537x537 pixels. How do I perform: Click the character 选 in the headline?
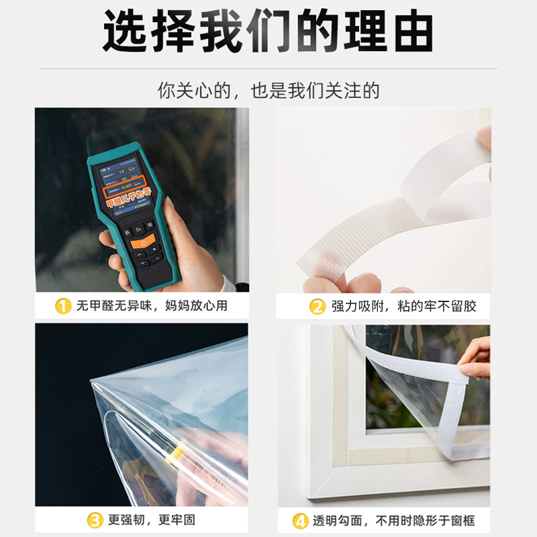[x=128, y=30]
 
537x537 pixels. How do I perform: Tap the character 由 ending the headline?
[x=410, y=30]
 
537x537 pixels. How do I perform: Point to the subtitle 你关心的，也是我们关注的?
[x=268, y=91]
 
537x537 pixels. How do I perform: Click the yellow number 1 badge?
[x=62, y=307]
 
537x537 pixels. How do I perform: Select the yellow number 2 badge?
[x=318, y=307]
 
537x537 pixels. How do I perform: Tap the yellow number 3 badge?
[x=96, y=520]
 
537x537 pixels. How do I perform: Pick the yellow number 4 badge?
[x=300, y=520]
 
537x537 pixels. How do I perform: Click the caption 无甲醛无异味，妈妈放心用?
[x=152, y=307]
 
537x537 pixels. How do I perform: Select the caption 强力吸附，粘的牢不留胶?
[x=403, y=307]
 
